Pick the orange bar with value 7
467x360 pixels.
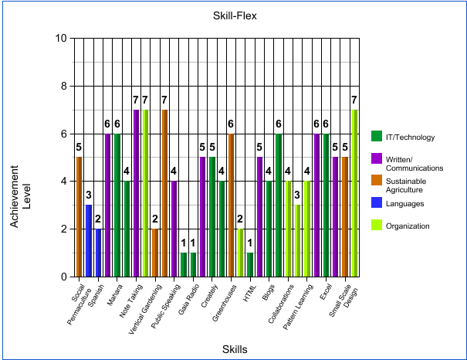point(164,193)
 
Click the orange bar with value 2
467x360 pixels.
point(155,252)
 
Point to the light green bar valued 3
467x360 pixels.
point(297,240)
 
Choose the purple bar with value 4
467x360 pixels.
point(174,229)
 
